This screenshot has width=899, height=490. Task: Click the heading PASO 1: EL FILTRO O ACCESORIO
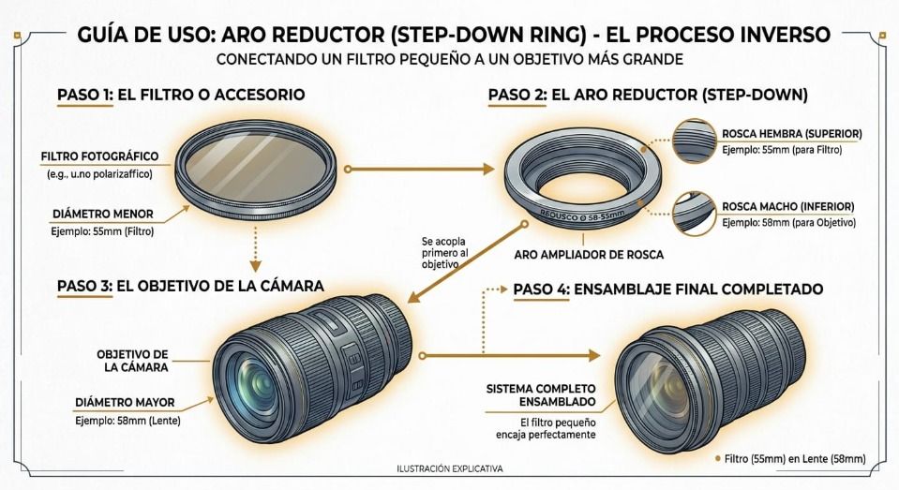coord(181,95)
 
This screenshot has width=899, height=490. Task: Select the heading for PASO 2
coord(648,95)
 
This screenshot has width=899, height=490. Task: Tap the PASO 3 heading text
coord(190,286)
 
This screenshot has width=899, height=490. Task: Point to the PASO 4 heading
coord(668,289)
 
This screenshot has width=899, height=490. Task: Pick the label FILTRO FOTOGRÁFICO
coord(99,156)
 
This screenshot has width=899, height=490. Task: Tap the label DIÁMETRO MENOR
coord(103,214)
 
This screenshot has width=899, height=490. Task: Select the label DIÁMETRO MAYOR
coord(125,402)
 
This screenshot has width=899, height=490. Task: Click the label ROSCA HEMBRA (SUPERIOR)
coord(792,134)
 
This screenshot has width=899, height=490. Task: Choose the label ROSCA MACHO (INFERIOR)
coord(788,206)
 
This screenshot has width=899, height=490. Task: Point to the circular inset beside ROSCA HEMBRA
coord(695,141)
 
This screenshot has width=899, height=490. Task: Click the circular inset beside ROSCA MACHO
coord(695,214)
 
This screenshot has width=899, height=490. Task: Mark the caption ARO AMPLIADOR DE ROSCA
coord(589,255)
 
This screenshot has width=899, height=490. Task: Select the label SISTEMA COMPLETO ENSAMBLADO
coord(541,395)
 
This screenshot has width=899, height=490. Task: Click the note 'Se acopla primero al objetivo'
coord(444,253)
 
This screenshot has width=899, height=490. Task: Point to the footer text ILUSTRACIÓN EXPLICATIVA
coord(450,468)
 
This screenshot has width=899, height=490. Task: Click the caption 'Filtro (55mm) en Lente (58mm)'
coord(795,459)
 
